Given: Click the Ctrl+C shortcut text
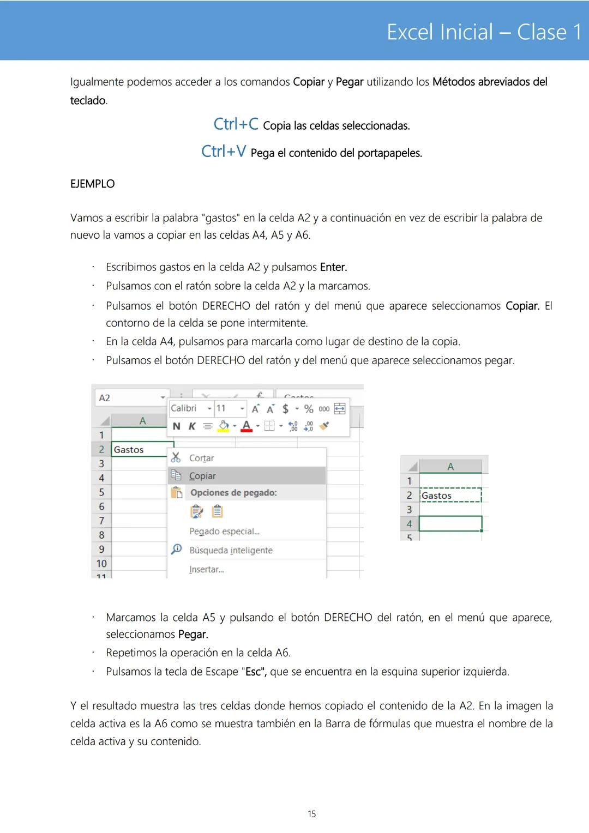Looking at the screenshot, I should tap(236, 124).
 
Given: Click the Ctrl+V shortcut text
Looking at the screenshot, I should tap(224, 152).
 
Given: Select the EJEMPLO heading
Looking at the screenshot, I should tap(92, 184).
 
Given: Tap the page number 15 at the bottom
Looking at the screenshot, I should tap(311, 814).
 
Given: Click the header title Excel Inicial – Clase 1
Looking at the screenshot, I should tap(484, 32).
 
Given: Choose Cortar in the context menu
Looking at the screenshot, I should tap(201, 458).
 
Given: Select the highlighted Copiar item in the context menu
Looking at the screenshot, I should tap(202, 476).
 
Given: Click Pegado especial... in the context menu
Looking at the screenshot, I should tap(224, 532).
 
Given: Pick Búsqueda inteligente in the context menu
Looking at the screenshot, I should tap(231, 551).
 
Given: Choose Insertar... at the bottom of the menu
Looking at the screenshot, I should tap(206, 570).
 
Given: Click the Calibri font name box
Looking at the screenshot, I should tap(185, 408).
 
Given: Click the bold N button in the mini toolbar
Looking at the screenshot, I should tap(176, 426).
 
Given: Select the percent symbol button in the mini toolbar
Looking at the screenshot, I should tap(309, 409).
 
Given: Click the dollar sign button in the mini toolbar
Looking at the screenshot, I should tap(285, 409).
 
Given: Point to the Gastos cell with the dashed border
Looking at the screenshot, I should tap(450, 496).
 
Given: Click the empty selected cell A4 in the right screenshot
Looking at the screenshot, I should tap(450, 524).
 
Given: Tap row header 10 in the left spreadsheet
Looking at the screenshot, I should tap(101, 564).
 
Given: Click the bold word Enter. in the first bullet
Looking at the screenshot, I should tap(333, 267).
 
